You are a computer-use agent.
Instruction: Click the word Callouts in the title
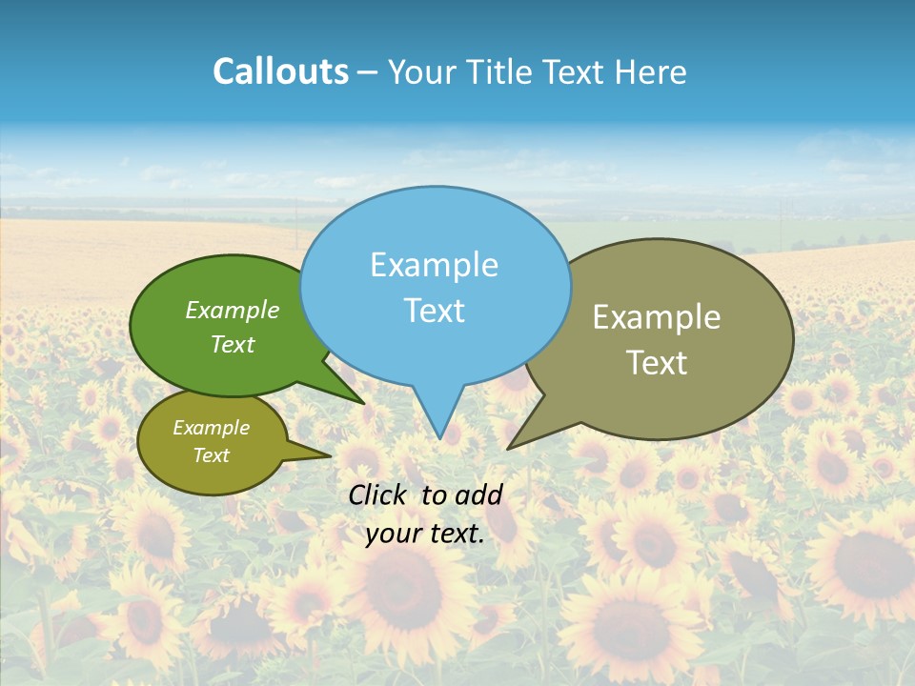280,71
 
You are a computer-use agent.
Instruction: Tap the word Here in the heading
651,71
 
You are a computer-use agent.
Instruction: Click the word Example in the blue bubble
435,265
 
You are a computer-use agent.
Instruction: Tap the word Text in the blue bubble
435,311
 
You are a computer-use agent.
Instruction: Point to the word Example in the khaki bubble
657,317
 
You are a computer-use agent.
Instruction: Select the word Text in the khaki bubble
657,363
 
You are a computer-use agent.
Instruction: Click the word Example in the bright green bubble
233,310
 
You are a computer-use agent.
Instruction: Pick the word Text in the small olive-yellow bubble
212,455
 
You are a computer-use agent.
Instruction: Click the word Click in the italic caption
377,494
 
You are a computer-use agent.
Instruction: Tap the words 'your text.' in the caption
425,535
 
